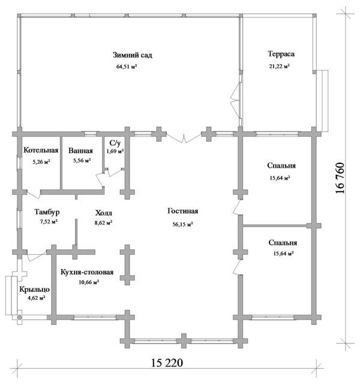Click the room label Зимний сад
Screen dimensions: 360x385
click(133, 55)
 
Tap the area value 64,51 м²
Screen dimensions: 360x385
click(127, 66)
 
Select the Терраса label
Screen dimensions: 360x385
click(281, 54)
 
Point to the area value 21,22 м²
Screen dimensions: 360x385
click(280, 66)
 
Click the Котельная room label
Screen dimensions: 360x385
click(41, 150)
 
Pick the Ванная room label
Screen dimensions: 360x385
click(80, 151)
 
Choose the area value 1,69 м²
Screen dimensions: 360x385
click(115, 151)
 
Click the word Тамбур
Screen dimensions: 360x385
click(47, 211)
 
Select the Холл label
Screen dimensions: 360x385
click(104, 213)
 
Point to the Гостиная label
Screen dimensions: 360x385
click(182, 211)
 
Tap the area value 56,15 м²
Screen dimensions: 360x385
click(182, 224)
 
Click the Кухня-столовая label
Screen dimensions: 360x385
click(87, 272)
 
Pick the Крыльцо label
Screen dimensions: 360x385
click(35, 290)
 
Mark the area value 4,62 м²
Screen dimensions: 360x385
click(36, 298)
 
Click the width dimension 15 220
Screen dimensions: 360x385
click(167, 363)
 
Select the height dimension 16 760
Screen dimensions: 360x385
click(340, 178)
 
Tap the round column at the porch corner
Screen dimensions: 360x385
click(19, 318)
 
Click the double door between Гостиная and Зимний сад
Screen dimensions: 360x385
click(184, 138)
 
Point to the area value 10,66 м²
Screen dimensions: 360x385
click(89, 282)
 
